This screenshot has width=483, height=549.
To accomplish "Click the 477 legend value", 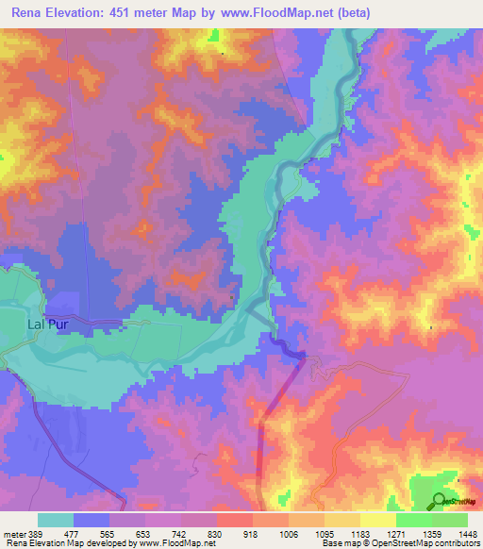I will click(x=74, y=533).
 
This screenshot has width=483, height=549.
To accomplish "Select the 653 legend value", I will click(x=144, y=533).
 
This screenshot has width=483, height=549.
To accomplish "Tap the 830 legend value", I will click(x=216, y=533).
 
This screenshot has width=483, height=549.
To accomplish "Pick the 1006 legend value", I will click(x=288, y=533).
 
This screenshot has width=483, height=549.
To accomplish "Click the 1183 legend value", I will click(x=359, y=533).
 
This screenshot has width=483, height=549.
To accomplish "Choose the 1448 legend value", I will click(x=466, y=533).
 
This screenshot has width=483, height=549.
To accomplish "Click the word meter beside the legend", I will click(x=14, y=533).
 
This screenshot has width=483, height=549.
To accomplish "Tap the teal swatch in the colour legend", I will click(x=56, y=520).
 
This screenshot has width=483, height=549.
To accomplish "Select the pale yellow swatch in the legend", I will click(x=377, y=520).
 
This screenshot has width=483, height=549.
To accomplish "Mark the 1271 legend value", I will click(x=394, y=533).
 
